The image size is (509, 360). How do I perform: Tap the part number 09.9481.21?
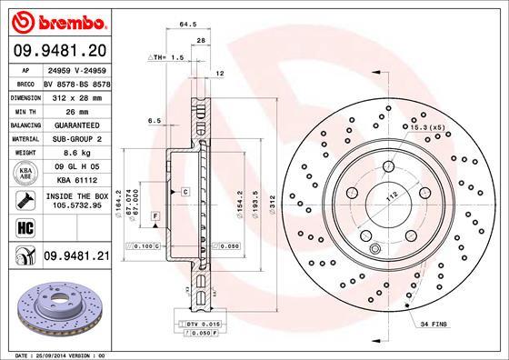[x=77, y=257]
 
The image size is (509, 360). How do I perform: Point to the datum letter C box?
[x=184, y=192]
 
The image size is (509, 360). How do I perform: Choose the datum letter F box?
[x=155, y=215]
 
